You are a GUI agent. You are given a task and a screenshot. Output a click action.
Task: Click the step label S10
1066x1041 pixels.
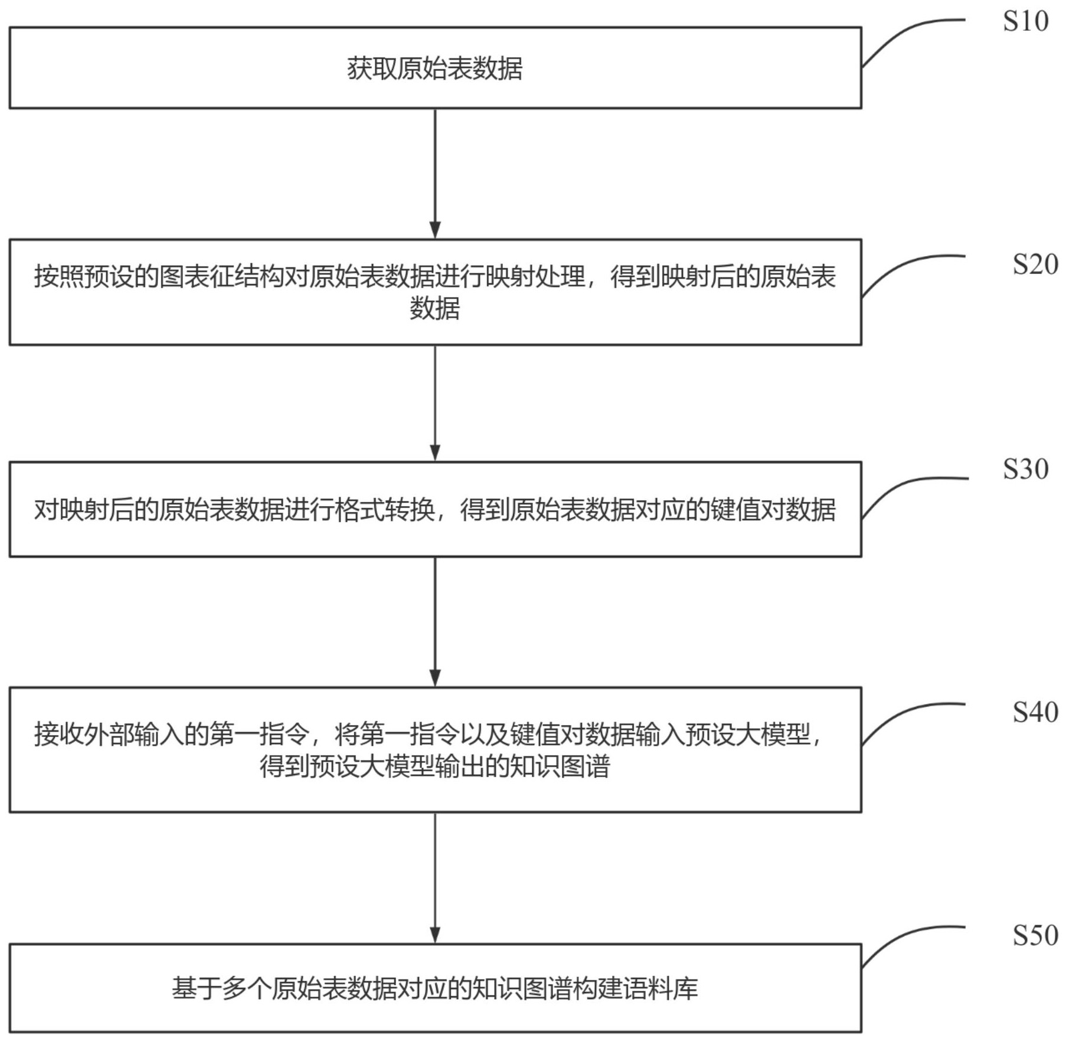pos(1025,22)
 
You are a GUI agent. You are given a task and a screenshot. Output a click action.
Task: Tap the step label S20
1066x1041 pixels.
pos(1035,265)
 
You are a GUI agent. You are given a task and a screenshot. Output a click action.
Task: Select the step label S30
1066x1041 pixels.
pos(1025,469)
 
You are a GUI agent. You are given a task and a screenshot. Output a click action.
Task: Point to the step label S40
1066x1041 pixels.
pos(1035,713)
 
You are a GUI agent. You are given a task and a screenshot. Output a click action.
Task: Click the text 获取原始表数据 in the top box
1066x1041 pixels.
pos(435,68)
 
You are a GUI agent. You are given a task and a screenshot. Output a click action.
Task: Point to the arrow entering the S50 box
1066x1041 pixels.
pos(435,877)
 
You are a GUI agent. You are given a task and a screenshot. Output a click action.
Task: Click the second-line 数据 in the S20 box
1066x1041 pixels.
pos(435,308)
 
